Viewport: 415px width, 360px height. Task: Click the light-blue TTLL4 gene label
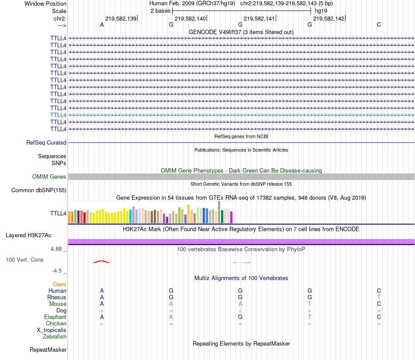coord(58,115)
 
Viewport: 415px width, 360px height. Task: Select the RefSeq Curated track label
coord(46,142)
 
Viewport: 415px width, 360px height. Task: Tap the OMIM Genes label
coord(49,177)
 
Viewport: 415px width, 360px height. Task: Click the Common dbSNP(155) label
coord(39,190)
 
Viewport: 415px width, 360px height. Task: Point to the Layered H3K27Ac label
coord(28,235)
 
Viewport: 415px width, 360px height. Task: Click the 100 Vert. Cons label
coord(24,260)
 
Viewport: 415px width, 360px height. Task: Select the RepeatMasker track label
coord(48,350)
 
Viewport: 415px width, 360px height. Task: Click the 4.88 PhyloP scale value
coord(57,249)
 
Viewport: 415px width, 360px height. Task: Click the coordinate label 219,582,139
coord(121,18)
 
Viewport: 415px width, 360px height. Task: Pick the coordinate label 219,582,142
coord(329,18)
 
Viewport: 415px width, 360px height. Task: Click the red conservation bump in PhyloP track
coord(101,262)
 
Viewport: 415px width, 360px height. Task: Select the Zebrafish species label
coord(55,337)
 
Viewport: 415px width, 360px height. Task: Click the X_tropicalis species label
coord(52,330)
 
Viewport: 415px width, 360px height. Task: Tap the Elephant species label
coord(55,317)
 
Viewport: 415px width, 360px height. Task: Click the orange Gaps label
coord(59,284)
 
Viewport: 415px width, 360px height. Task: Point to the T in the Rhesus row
coord(379,298)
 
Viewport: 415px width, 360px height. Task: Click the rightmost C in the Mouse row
coord(379,304)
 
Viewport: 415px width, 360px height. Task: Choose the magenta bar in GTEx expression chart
coord(232,217)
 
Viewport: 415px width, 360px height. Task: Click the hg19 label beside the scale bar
coord(321,10)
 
